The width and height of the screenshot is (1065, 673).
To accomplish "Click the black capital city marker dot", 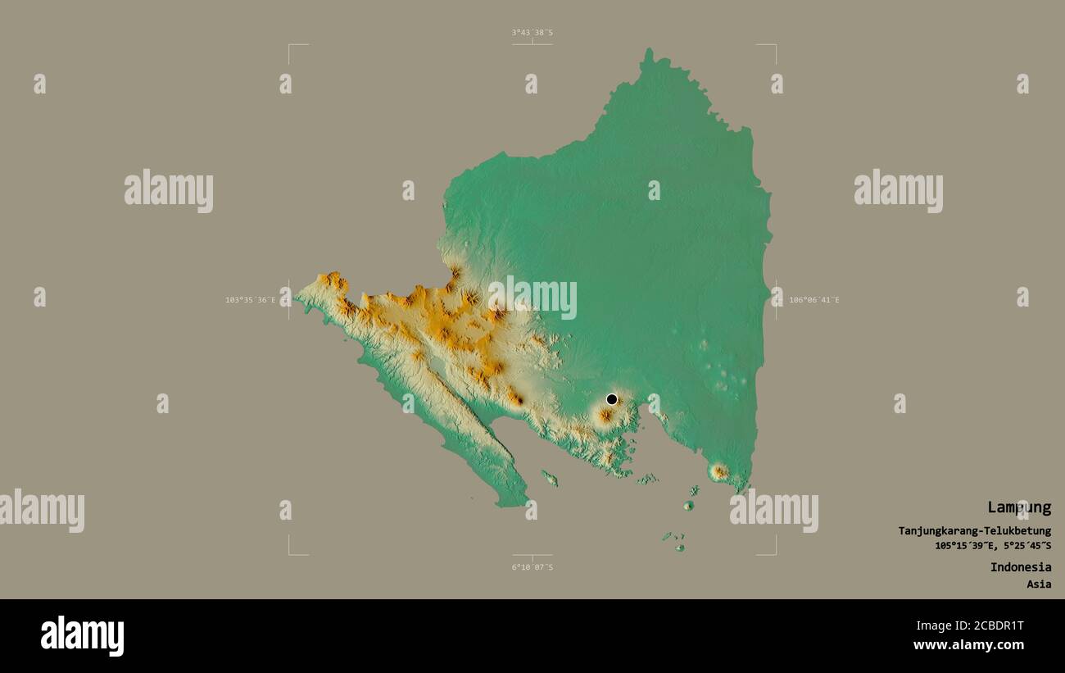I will pyautogui.click(x=611, y=399).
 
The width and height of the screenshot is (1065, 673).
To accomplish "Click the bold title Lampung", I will pyautogui.click(x=1018, y=507).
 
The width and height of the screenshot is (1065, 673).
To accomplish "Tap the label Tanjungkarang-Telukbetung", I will pyautogui.click(x=974, y=531).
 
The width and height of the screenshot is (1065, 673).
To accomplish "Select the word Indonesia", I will pyautogui.click(x=1020, y=567).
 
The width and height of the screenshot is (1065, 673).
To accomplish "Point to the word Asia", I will pyautogui.click(x=1039, y=584).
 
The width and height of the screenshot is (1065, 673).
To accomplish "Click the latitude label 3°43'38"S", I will pyautogui.click(x=532, y=33).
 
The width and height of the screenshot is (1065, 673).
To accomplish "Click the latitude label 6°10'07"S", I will pyautogui.click(x=532, y=567).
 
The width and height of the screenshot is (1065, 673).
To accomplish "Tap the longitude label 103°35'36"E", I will pyautogui.click(x=251, y=300).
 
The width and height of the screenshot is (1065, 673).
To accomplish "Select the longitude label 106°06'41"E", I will pyautogui.click(x=813, y=300).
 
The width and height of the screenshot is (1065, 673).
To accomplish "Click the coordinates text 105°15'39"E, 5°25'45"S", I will pyautogui.click(x=993, y=546).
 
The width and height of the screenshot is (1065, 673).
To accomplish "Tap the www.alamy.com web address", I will pyautogui.click(x=968, y=646).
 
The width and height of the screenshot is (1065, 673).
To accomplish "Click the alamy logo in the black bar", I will pyautogui.click(x=82, y=636).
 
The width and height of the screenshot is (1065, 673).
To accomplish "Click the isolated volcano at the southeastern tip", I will pyautogui.click(x=719, y=471).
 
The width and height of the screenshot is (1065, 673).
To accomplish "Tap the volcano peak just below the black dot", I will pyautogui.click(x=605, y=416).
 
